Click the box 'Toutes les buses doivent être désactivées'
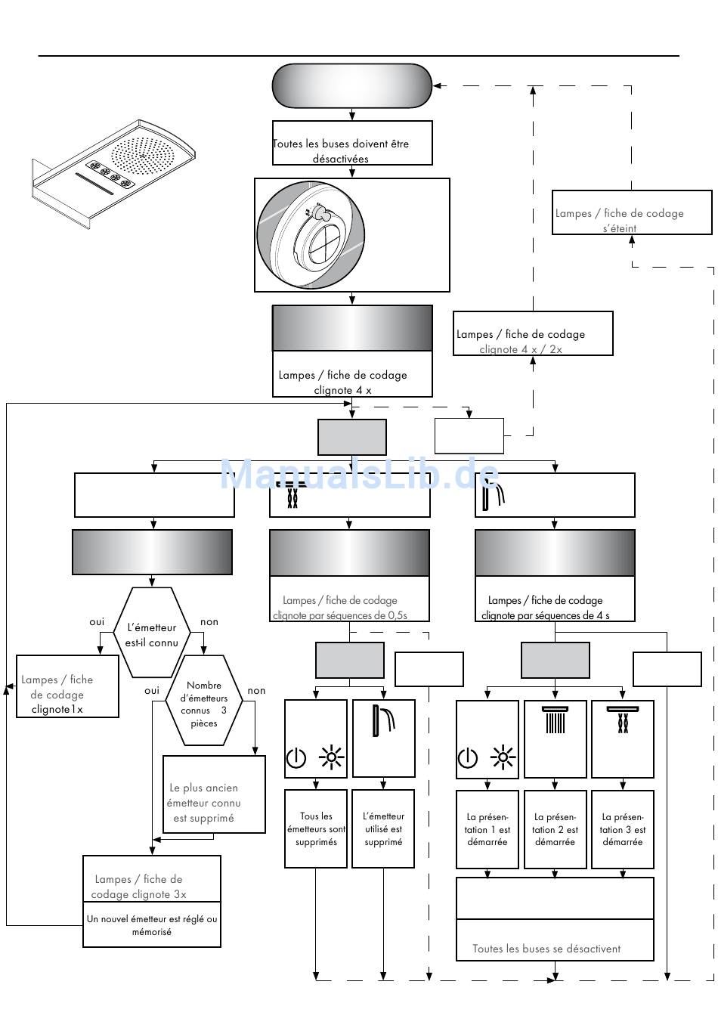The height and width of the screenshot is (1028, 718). [x=352, y=143]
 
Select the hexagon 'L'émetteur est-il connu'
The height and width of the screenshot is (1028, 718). [x=151, y=632]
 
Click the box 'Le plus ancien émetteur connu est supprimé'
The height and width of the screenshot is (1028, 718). [x=214, y=794]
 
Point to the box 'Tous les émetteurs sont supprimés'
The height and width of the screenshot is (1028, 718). [x=316, y=828]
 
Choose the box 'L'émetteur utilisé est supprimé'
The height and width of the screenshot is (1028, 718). [x=383, y=828]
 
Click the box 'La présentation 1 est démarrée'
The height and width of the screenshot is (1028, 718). [x=487, y=829]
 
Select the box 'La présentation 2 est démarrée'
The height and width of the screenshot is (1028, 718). [x=555, y=829]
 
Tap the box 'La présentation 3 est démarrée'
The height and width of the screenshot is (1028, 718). [x=622, y=829]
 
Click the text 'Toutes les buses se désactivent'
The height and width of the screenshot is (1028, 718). [x=546, y=948]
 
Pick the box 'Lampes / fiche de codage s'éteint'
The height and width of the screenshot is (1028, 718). [x=631, y=212]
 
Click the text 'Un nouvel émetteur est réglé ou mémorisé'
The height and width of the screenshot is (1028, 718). [x=151, y=925]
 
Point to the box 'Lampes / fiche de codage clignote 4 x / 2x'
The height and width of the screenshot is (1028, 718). [x=533, y=333]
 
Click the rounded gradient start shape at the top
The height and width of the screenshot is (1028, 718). [x=352, y=86]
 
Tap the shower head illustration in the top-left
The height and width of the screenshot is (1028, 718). [x=114, y=174]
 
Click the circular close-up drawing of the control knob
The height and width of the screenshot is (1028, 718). [x=311, y=234]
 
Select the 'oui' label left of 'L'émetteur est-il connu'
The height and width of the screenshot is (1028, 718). [x=97, y=622]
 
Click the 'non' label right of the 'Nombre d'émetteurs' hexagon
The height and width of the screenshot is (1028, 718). [x=256, y=691]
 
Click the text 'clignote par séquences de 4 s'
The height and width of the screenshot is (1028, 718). [x=545, y=615]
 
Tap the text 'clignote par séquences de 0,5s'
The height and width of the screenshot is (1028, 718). [x=340, y=615]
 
